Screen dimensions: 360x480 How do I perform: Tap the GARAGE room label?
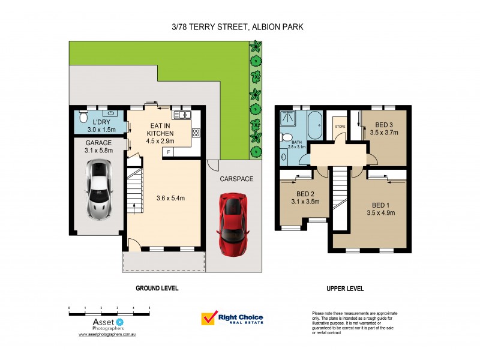coord(99,143)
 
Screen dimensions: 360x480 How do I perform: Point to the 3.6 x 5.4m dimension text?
coord(170,198)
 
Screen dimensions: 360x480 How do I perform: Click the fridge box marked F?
coord(169,152)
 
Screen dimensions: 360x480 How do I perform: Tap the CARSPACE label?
coord(236,178)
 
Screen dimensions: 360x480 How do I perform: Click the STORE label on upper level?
coord(340,127)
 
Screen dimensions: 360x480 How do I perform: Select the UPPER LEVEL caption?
coord(345,289)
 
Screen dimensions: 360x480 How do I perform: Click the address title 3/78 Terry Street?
coord(240,27)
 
